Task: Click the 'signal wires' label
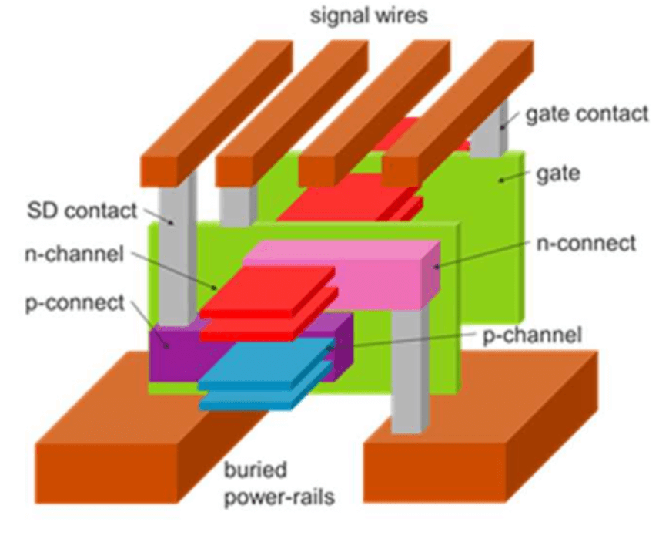coord(368,16)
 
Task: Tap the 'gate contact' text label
coord(587,114)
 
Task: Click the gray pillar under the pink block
coord(408,370)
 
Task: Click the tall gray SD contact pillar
coord(176,247)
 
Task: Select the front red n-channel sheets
coord(269,301)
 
